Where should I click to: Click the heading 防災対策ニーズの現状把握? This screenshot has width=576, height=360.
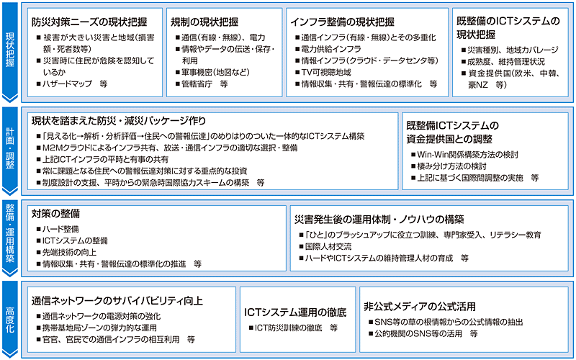pos(89,22)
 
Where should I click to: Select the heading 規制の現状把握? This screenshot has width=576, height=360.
pos(204,22)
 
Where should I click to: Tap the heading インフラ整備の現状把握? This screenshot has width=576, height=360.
pos(343,22)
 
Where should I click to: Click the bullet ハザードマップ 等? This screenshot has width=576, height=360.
pos(72,84)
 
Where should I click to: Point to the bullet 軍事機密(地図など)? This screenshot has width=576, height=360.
pos(212,73)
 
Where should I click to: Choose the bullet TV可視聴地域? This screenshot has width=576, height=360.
pos(323,73)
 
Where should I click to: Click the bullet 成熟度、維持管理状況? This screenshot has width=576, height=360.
pos(503,62)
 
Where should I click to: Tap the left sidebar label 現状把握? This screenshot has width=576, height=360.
pos(10,50)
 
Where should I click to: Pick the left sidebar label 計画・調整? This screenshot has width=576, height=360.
pos(10,148)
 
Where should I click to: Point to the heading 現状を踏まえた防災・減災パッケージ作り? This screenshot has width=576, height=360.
pos(119,120)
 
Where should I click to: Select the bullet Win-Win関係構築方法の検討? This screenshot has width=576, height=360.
pos(464,155)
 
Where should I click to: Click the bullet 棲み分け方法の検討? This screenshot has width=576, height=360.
pos(449,166)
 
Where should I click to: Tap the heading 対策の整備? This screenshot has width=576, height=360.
pos(55,213)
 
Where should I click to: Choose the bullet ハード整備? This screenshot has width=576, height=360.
pos(58,229)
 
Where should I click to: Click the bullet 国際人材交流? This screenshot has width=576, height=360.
pos(325,246)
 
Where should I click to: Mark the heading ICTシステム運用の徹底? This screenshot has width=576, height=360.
pos(295,312)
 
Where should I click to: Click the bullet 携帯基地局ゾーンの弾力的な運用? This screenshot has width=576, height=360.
pos(96,328)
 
